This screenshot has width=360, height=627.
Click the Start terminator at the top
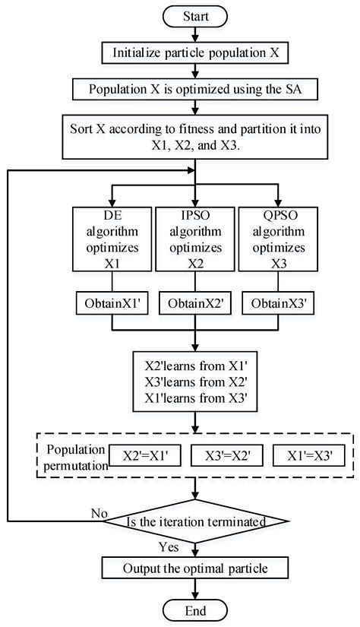[x=196, y=14]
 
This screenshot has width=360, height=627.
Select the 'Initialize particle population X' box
[x=196, y=52]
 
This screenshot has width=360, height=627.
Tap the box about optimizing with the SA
[x=196, y=88]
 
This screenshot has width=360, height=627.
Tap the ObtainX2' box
[x=196, y=304]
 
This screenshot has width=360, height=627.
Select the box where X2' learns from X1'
[x=196, y=378]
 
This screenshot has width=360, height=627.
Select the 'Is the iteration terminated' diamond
[x=196, y=523]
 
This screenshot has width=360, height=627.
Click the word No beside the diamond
[x=99, y=513]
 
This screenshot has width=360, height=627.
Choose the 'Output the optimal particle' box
[x=196, y=568]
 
